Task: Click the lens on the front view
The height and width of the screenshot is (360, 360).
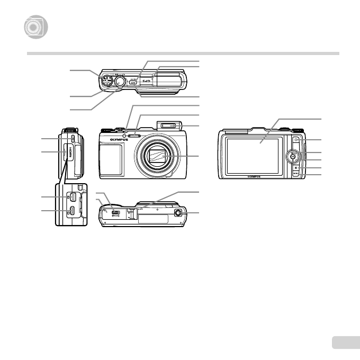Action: click(157, 157)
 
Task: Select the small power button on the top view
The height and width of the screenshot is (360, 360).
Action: click(134, 82)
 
